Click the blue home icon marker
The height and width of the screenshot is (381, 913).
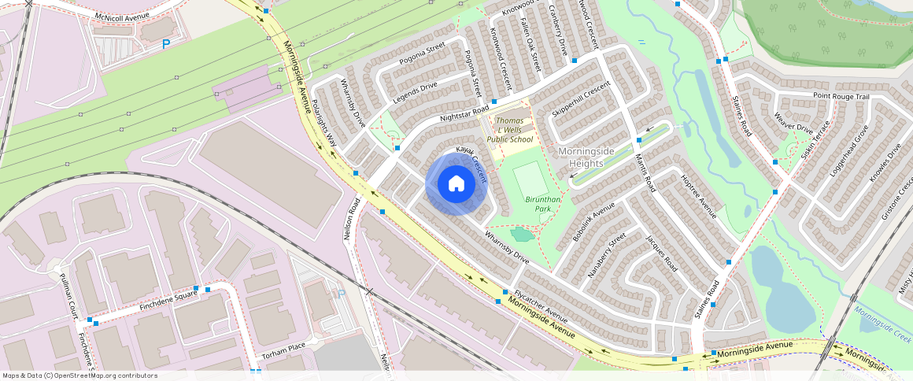(x=456, y=184)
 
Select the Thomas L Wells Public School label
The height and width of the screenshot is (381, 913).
(x=509, y=130)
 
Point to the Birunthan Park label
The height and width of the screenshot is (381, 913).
(x=543, y=204)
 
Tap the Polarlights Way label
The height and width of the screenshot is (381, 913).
(x=324, y=124)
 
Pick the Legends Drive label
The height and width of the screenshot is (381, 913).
(x=414, y=94)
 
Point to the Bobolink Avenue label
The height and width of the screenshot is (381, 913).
(x=594, y=223)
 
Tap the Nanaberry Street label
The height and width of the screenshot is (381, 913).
(x=607, y=255)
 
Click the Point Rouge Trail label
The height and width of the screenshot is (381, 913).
(x=841, y=97)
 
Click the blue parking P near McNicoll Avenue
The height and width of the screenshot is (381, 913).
(x=166, y=45)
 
